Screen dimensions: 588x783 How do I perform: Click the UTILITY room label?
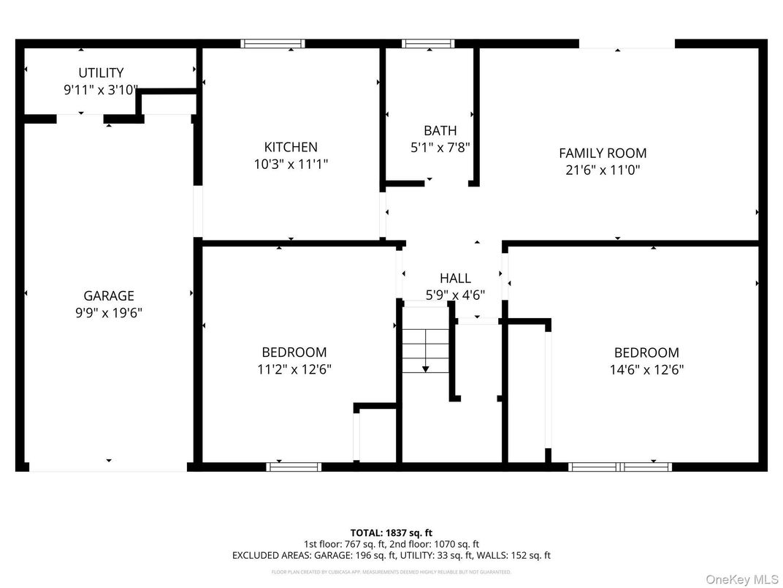click(x=101, y=72)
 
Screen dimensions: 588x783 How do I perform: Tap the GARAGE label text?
click(x=109, y=295)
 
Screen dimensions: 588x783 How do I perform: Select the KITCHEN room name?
click(x=291, y=147)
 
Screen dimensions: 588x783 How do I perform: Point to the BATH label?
click(x=440, y=130)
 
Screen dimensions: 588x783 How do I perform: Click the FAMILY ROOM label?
click(x=603, y=153)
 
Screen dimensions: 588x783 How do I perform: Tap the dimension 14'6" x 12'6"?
click(x=646, y=369)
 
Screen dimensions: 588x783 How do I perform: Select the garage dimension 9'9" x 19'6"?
click(x=109, y=313)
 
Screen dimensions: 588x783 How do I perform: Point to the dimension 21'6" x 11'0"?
click(x=603, y=170)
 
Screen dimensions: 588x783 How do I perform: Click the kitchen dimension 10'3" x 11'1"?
click(x=291, y=165)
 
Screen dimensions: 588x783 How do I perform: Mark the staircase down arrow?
click(x=426, y=369)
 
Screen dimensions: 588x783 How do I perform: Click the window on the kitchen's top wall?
click(x=273, y=44)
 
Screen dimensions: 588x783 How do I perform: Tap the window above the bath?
click(x=428, y=44)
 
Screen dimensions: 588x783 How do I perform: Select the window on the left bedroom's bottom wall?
click(x=294, y=466)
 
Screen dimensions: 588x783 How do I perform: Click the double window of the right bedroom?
click(x=620, y=466)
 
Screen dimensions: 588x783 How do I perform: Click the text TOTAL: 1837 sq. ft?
click(x=391, y=532)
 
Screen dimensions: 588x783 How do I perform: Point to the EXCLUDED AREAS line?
click(x=391, y=556)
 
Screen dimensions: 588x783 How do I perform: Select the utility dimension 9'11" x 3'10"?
click(x=101, y=90)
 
